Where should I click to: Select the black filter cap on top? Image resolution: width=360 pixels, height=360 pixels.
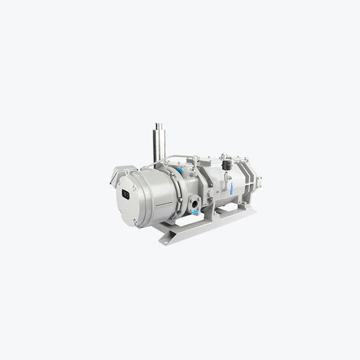pos(226,165)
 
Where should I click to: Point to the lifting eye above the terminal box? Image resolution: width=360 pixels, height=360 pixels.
pos(127,171)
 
